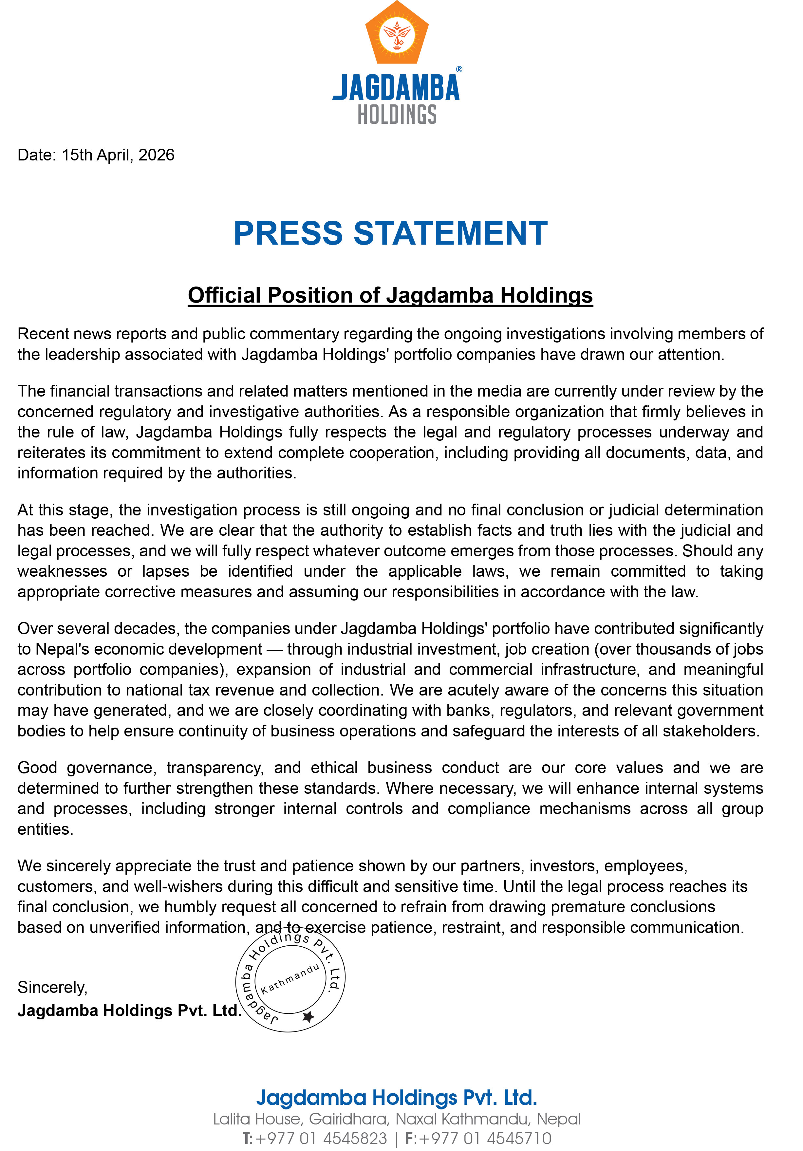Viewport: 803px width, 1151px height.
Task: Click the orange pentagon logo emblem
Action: click(397, 34)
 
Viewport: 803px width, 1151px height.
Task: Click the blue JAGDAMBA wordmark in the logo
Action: click(396, 88)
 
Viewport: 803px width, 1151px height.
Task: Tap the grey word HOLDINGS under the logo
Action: click(397, 115)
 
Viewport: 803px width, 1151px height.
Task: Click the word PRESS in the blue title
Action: click(288, 233)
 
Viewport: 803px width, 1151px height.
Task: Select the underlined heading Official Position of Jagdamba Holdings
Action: click(390, 295)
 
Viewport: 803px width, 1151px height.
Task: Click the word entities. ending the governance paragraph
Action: click(45, 829)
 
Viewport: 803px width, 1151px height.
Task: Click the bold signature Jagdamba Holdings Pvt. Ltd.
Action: click(129, 1011)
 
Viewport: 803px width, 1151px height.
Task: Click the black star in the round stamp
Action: click(308, 1017)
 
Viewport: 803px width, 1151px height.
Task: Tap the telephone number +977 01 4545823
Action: click(321, 1139)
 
